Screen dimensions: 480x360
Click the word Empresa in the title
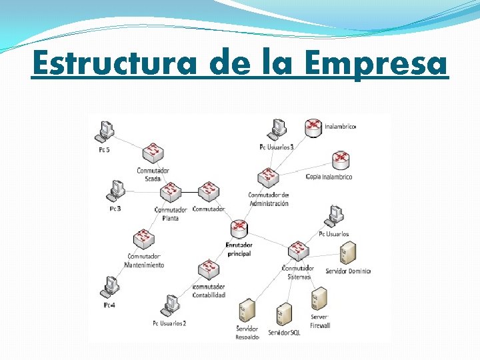point(375,64)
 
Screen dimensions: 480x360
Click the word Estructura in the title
point(115,64)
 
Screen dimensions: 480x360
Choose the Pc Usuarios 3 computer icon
point(276,129)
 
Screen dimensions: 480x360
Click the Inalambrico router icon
point(313,127)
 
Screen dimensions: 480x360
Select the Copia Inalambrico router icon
point(341,160)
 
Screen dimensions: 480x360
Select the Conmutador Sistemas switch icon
point(298,251)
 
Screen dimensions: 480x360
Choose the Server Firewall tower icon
point(319,298)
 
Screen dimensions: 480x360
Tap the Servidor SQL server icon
point(284,313)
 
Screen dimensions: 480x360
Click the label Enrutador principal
point(239,249)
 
